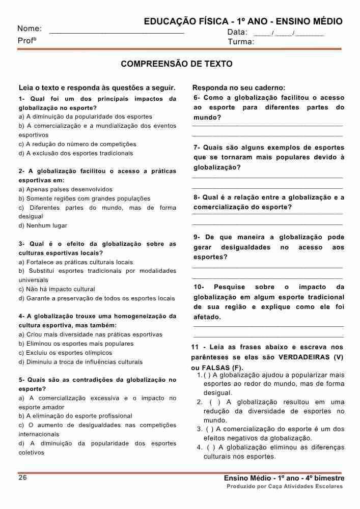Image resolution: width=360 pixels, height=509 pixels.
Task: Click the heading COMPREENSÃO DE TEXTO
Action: tap(176, 64)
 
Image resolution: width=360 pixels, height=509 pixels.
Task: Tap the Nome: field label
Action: tap(30, 29)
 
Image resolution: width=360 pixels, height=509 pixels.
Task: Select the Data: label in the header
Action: tap(237, 32)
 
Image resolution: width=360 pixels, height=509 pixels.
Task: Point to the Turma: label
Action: tap(241, 42)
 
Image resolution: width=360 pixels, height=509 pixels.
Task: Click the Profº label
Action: tap(27, 41)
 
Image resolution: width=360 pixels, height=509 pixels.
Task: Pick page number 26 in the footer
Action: tap(23, 478)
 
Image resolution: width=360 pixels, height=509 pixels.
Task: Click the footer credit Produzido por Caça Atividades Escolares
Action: tap(285, 487)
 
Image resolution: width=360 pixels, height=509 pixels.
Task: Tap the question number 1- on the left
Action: tap(22, 99)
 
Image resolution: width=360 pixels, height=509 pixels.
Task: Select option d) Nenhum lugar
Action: tap(43, 225)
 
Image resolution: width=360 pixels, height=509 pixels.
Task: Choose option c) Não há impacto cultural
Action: tap(57, 289)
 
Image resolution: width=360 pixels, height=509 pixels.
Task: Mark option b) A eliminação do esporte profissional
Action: tap(75, 416)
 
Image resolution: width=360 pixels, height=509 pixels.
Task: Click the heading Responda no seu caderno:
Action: tap(239, 88)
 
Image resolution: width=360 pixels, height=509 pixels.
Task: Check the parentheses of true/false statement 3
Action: tap(210, 429)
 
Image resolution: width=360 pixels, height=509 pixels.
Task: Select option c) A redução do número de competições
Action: tap(77, 144)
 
